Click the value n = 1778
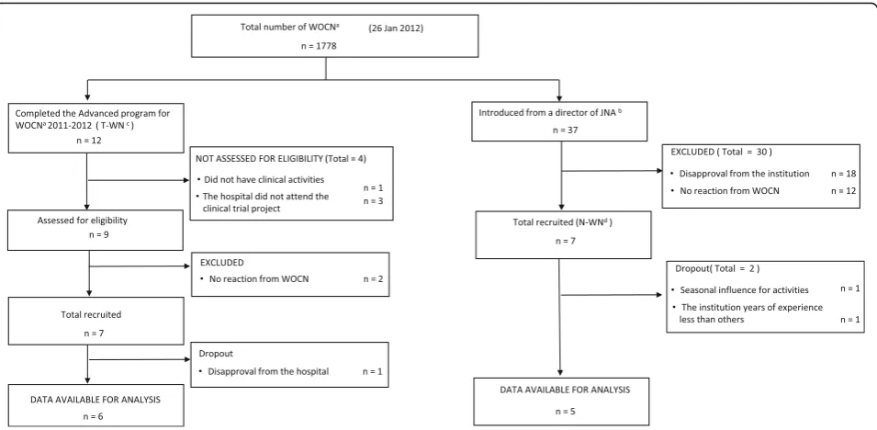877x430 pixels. [319, 45]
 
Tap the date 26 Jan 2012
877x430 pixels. [396, 28]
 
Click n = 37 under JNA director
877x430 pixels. [559, 130]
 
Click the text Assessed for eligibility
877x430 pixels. [83, 220]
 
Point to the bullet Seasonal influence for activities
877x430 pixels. [740, 290]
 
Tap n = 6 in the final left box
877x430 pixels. [93, 416]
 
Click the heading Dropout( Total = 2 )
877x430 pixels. [717, 268]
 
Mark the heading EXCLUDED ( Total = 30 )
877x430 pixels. [717, 152]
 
